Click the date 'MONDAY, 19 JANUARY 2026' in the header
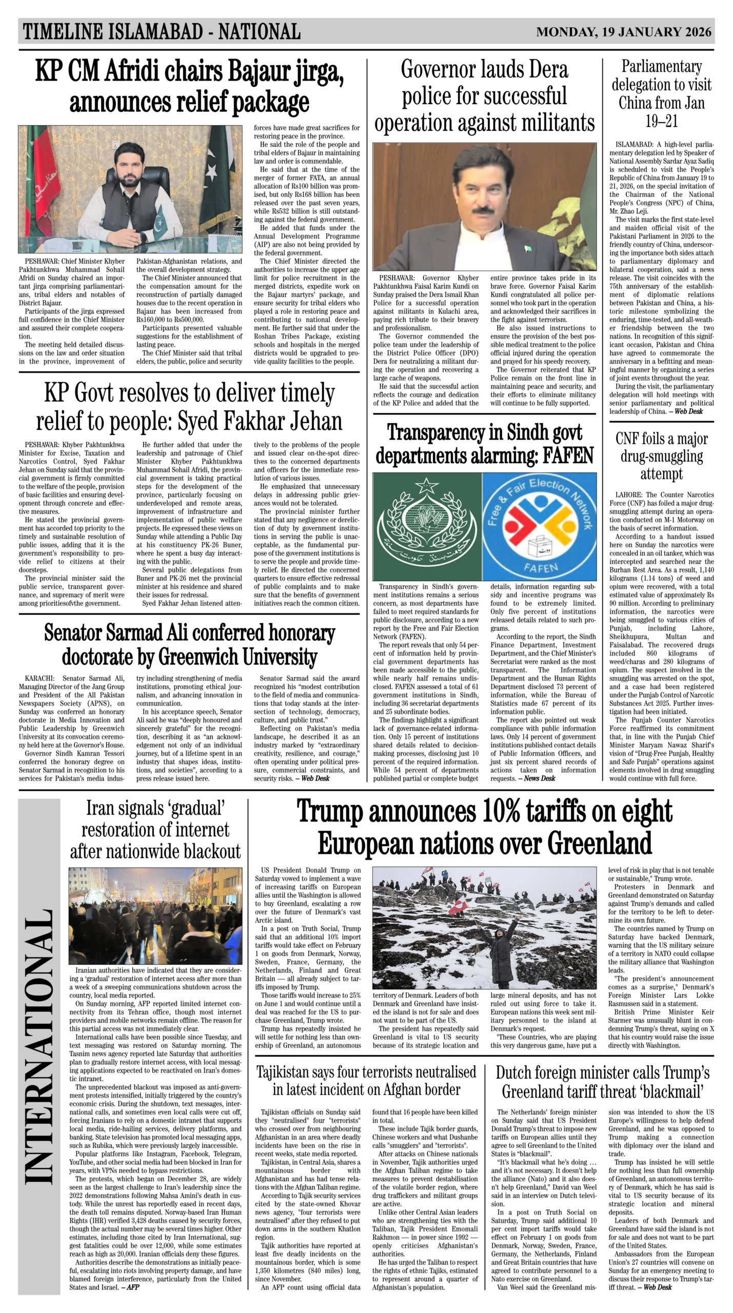point(624,32)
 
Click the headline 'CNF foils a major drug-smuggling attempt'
point(661,456)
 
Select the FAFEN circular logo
point(539,526)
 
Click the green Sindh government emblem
point(427,526)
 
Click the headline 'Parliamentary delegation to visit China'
point(661,94)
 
